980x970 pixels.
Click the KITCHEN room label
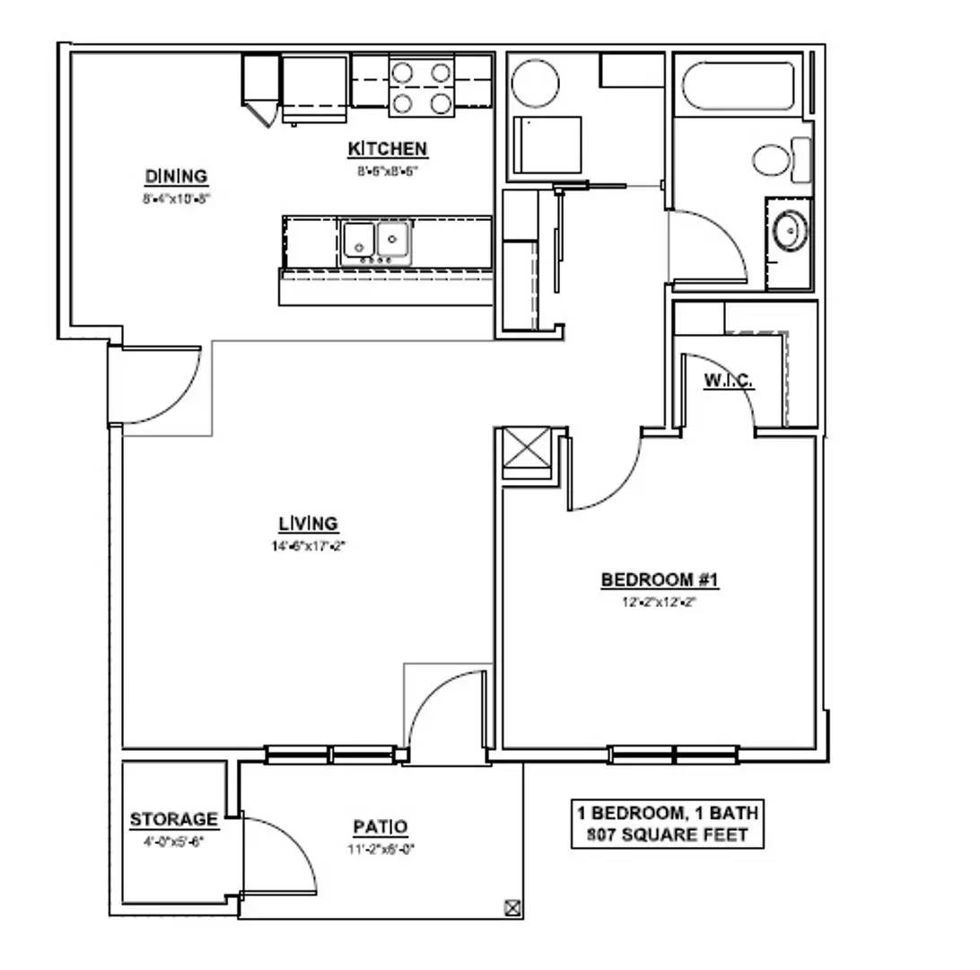[x=388, y=149]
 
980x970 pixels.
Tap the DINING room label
[x=176, y=176]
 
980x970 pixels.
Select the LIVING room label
[x=308, y=523]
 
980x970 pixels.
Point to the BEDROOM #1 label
[x=660, y=580]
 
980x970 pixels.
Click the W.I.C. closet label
[x=729, y=381]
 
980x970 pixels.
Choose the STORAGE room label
[x=173, y=819]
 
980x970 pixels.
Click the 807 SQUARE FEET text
[x=668, y=834]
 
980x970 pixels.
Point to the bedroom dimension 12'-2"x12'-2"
[x=660, y=603]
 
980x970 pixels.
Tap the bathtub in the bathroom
[x=739, y=85]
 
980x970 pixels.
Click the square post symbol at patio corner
[x=512, y=907]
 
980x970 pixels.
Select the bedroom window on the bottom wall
[x=674, y=754]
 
